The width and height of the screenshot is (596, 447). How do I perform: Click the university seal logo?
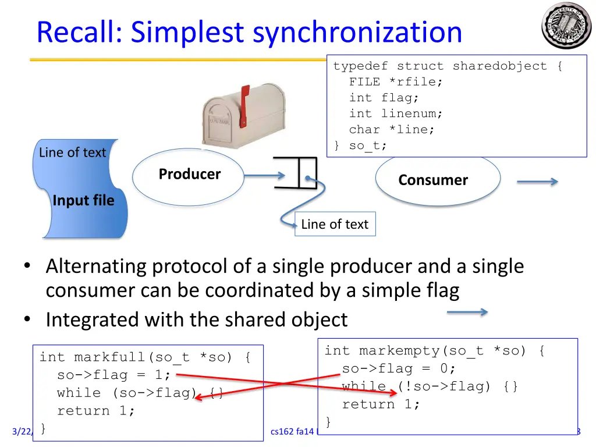tap(566, 26)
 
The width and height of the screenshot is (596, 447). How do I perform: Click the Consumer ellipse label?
tap(432, 180)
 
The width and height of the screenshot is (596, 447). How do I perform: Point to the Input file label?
tap(83, 201)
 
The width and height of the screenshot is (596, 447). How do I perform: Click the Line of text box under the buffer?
tap(335, 225)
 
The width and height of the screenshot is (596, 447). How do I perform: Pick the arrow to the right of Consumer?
tap(537, 182)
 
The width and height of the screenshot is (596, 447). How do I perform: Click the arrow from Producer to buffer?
tap(265, 174)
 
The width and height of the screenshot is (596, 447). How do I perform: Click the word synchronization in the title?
tap(357, 33)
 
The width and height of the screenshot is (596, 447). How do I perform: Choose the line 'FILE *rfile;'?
tap(395, 82)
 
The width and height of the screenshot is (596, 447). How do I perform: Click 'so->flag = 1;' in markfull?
tap(113, 375)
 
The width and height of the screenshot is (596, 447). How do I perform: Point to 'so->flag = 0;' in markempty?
tap(399, 368)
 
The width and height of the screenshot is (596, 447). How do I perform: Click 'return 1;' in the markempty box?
tap(381, 404)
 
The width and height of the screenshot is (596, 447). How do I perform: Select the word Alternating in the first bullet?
tap(96, 267)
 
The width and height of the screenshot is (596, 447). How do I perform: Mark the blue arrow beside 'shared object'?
tap(467, 313)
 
